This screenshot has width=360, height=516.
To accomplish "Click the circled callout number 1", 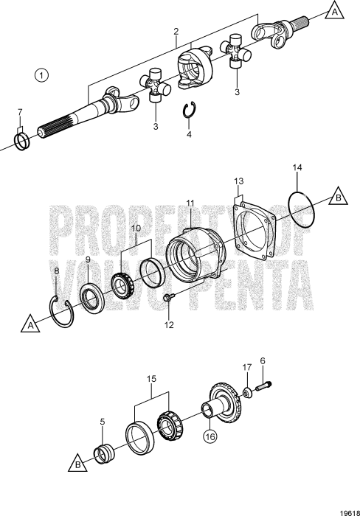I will (x=41, y=74).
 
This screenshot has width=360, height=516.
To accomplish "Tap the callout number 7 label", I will (x=20, y=113).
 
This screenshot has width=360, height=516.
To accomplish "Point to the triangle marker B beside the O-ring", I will (x=336, y=198).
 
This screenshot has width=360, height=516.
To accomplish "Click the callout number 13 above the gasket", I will (x=238, y=181).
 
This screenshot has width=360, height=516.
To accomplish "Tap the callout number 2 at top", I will (x=176, y=31).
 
